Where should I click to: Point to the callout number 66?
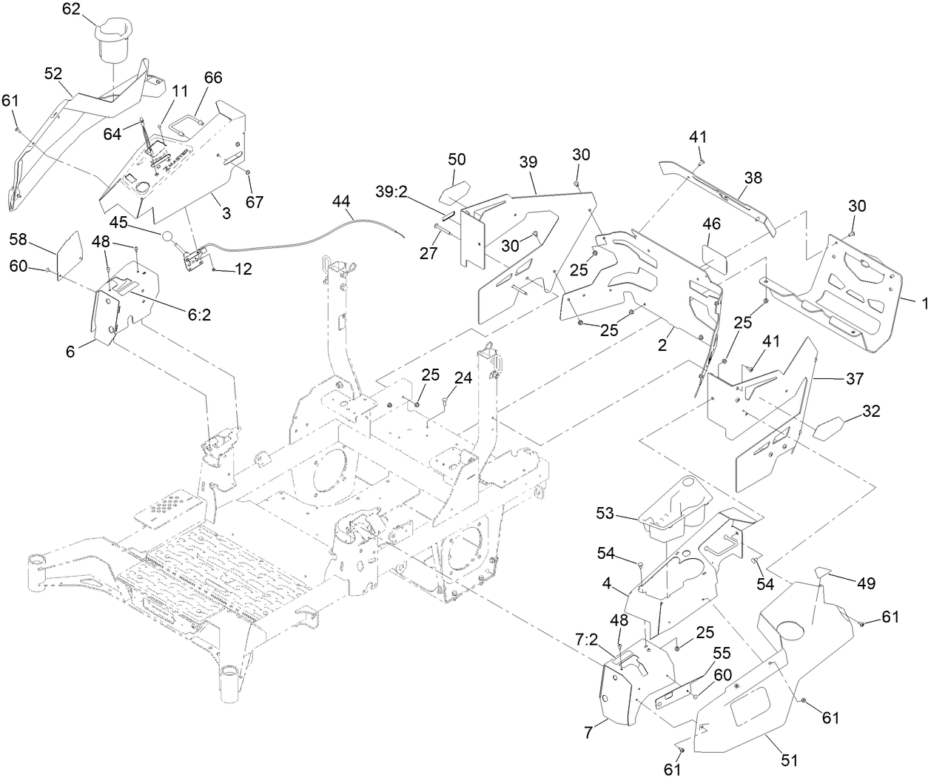(213, 78)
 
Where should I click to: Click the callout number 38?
(753, 178)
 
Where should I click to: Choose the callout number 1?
(923, 303)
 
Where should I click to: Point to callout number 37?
(855, 378)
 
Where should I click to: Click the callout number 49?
(865, 583)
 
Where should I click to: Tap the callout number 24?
(463, 378)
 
